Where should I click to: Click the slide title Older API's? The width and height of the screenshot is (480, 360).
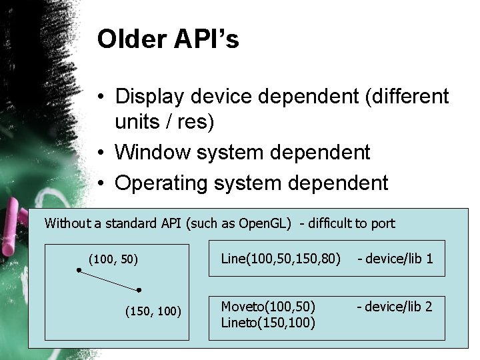coord(167,40)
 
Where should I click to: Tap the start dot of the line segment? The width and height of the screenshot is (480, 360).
coord(79,270)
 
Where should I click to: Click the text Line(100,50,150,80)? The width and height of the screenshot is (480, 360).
coord(281,259)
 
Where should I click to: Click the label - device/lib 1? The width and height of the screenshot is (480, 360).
coord(395,259)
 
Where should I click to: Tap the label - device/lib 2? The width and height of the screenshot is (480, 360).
coord(395,307)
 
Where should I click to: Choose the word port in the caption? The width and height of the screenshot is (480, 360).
coord(383,223)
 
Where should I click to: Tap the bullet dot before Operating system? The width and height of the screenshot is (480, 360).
coord(97,183)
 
